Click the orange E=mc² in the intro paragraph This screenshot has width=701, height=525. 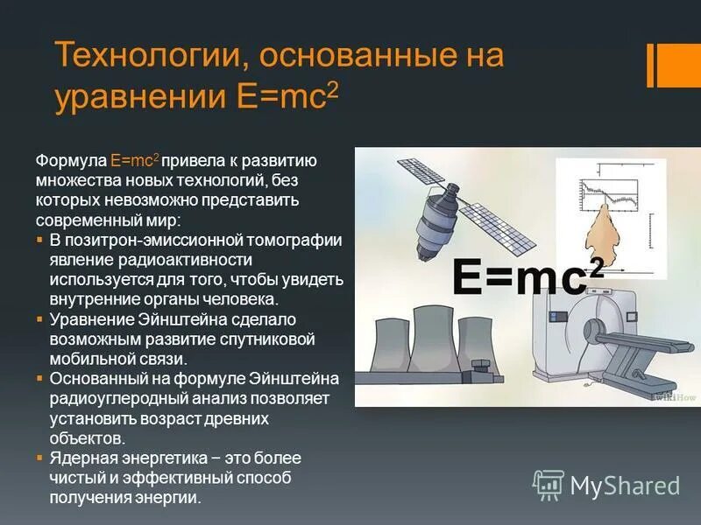tap(134, 162)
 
